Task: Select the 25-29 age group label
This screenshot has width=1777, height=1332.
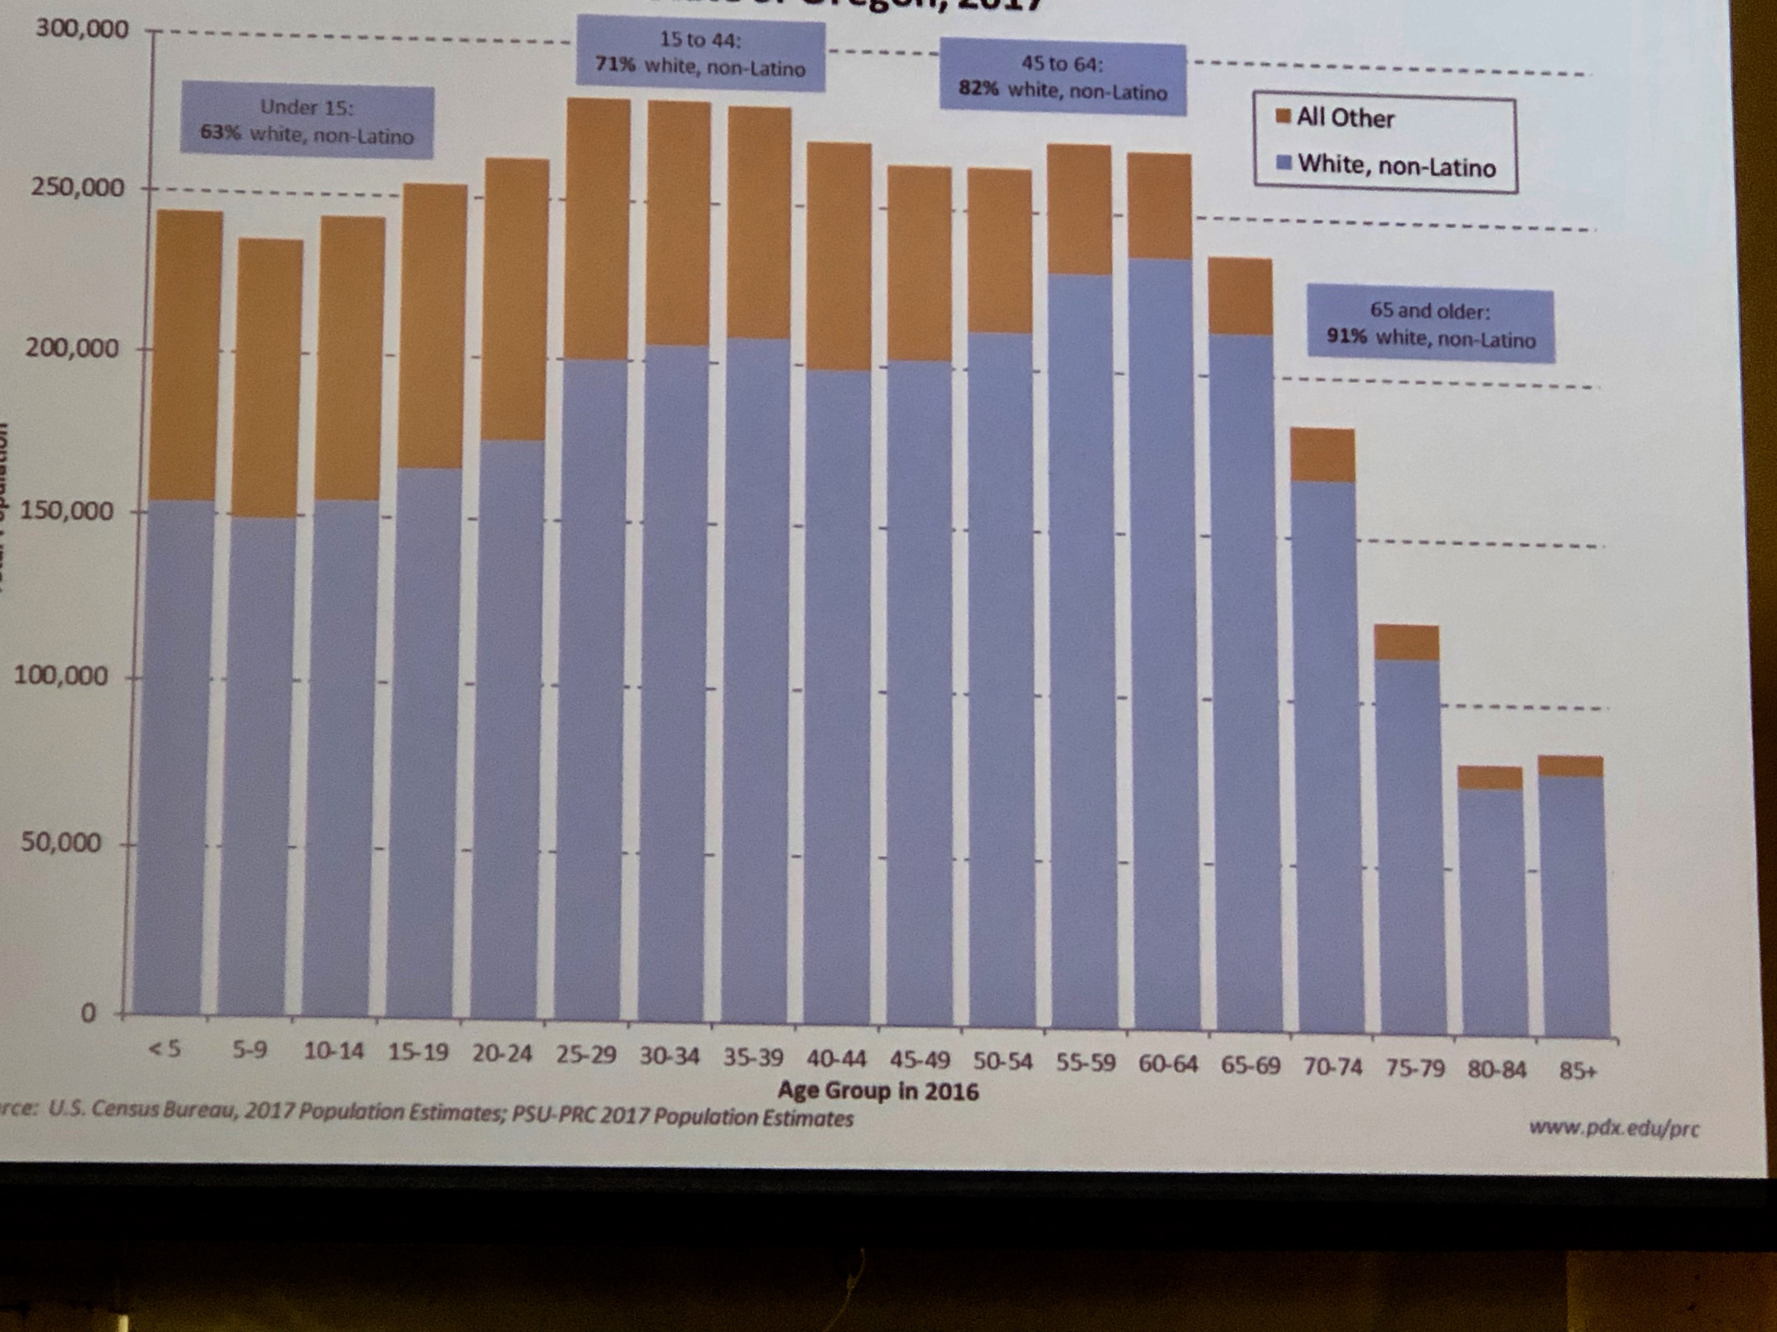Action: pos(586,1054)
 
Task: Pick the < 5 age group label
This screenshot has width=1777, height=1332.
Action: pos(165,1049)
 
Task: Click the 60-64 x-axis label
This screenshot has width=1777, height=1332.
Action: pos(1168,1065)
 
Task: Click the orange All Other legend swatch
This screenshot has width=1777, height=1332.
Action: pos(1283,116)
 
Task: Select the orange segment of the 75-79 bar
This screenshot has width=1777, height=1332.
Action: pos(1406,642)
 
